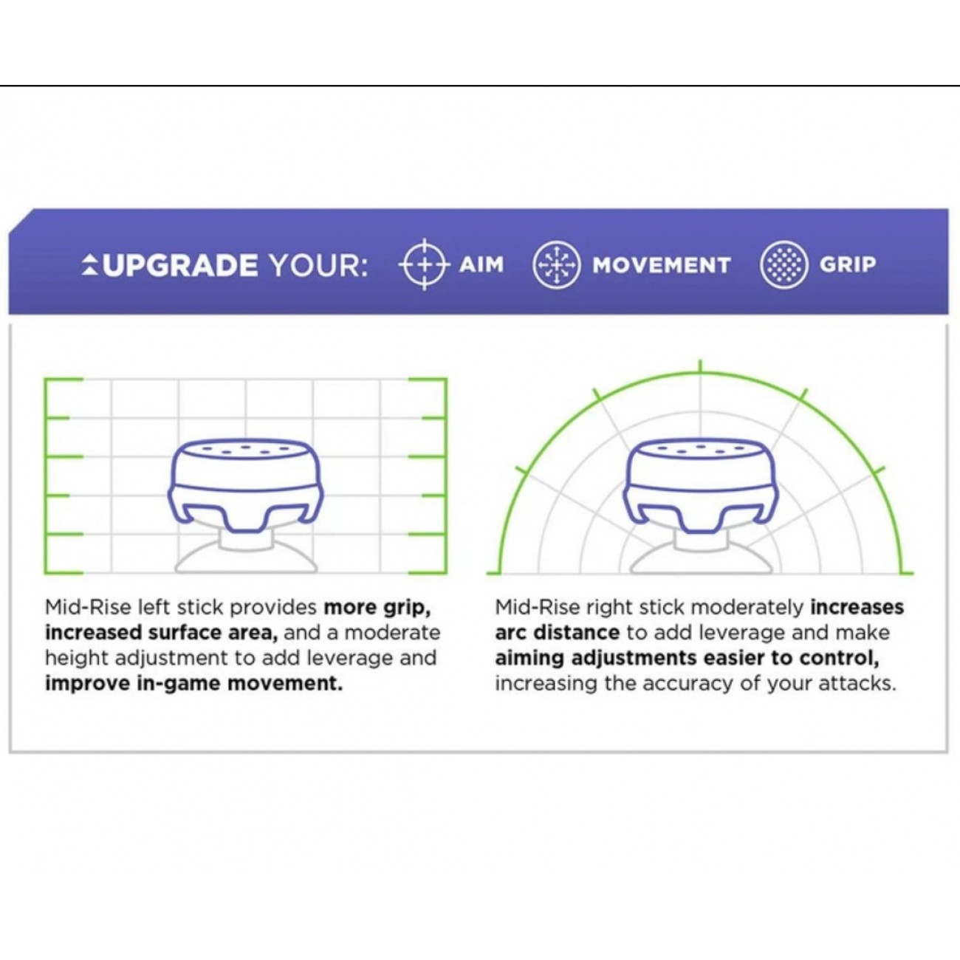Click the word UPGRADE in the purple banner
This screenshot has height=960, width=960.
click(x=182, y=265)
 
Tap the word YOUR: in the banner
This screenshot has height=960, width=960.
click(x=318, y=265)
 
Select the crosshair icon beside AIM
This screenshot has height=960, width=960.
click(x=425, y=264)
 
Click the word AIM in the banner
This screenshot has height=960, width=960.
click(x=481, y=264)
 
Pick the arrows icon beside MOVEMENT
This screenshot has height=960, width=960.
click(x=557, y=264)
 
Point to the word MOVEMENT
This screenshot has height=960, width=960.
click(x=662, y=264)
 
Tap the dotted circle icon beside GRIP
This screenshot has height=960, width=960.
click(x=784, y=264)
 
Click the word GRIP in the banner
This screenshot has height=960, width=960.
click(x=848, y=264)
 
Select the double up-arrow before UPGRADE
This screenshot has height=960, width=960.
click(x=90, y=264)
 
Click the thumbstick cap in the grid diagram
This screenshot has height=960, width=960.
click(x=246, y=487)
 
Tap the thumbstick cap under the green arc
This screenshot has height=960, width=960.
click(x=701, y=487)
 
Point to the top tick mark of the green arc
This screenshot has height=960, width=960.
click(x=701, y=366)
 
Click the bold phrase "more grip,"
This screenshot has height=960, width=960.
click(x=377, y=608)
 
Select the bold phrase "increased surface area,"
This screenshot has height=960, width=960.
click(x=162, y=633)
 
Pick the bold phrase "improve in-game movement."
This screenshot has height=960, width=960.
click(x=194, y=684)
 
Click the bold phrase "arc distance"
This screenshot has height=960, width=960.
click(x=558, y=633)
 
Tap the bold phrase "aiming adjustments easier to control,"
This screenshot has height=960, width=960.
click(x=688, y=659)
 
